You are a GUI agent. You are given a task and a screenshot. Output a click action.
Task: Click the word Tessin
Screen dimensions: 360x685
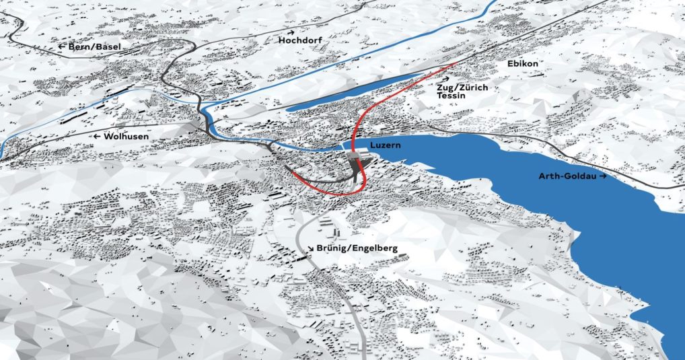pos(450,96)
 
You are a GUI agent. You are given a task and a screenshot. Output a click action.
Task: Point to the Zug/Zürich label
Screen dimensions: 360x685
pos(462,87)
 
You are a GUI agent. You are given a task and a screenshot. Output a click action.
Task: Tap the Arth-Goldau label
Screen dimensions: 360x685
pos(567,176)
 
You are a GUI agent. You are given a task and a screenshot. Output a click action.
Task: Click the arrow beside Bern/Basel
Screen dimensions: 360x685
pos(61,46)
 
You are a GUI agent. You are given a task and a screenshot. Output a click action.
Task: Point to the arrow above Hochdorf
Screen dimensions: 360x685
pos(292,32)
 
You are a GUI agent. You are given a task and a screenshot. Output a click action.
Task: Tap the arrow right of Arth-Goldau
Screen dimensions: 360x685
pos(604,176)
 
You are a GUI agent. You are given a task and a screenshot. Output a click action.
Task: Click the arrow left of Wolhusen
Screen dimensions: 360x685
pos(98,136)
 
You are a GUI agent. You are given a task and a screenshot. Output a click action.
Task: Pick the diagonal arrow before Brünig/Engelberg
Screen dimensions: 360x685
pos(312,248)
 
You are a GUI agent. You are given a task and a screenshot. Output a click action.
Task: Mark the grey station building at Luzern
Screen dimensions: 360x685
pos(356,161)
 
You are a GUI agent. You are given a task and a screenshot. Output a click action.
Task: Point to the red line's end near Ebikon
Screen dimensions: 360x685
pos(456,64)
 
